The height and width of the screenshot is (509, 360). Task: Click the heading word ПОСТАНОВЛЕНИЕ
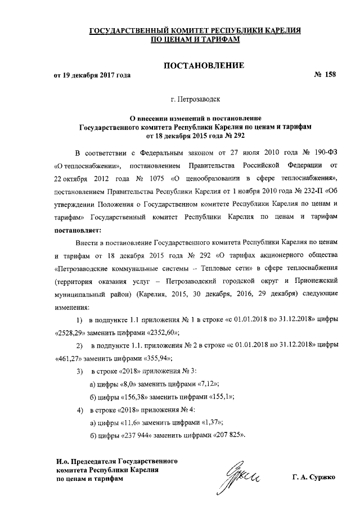(203, 66)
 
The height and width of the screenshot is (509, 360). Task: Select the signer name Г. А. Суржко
(313, 478)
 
